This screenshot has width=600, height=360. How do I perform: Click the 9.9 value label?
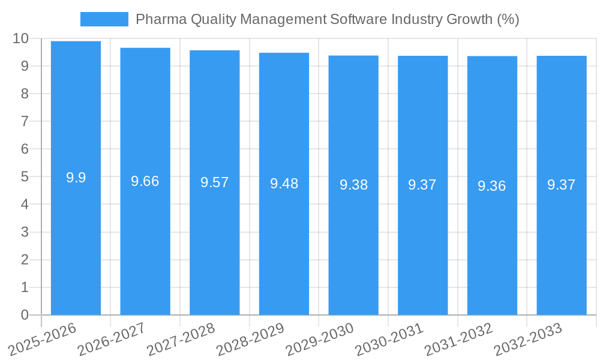(x=76, y=178)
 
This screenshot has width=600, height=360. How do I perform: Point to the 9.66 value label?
(x=145, y=181)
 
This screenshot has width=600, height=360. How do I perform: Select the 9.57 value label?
(x=215, y=182)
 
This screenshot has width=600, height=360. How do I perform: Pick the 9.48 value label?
(x=284, y=184)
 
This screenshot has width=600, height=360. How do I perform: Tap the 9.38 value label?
(x=353, y=185)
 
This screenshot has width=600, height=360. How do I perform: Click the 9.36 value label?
(x=492, y=186)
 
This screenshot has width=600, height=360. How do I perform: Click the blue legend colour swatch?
(x=104, y=19)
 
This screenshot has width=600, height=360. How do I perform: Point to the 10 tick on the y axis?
(x=20, y=38)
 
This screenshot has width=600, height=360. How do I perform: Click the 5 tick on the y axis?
(x=25, y=177)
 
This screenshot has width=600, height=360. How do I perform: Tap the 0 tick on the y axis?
(x=25, y=315)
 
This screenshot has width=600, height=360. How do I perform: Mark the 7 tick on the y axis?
(x=25, y=121)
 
